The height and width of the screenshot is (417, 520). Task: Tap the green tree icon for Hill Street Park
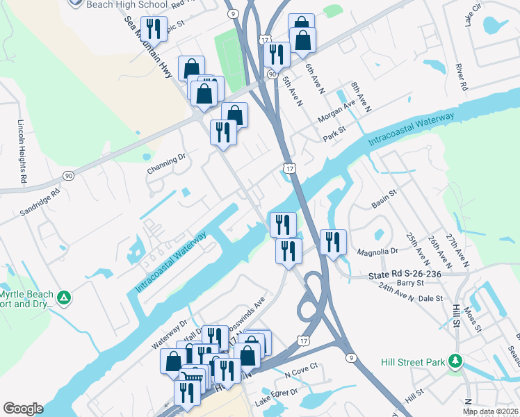point(455,361)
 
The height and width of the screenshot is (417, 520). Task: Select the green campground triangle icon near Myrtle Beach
point(64,298)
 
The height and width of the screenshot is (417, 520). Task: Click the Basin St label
point(383,202)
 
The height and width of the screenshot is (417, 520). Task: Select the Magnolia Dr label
point(376,252)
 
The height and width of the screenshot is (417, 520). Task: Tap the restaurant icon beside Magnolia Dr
point(333,242)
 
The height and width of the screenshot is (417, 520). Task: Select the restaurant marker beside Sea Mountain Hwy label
point(154,28)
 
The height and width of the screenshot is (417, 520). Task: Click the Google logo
point(23,409)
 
